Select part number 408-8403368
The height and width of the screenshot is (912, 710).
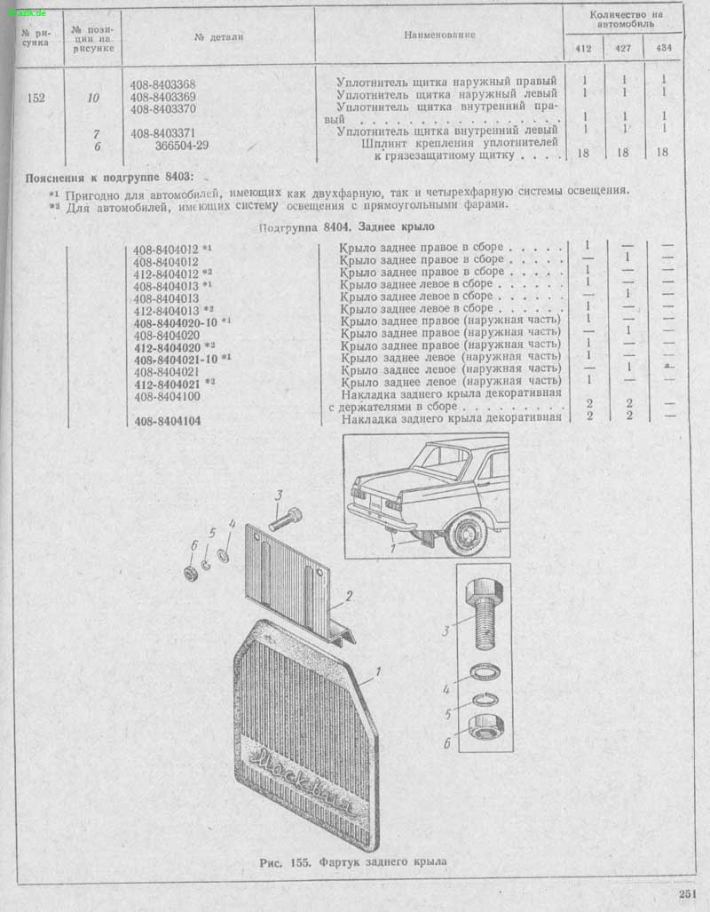[162, 85]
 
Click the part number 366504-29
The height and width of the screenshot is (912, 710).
[181, 146]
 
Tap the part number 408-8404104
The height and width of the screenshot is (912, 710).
[168, 421]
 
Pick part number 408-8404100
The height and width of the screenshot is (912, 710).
[167, 397]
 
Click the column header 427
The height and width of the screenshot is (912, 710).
[623, 48]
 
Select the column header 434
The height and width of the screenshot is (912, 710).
[664, 48]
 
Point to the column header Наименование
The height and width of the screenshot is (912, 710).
[439, 35]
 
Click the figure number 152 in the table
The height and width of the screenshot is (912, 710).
[36, 98]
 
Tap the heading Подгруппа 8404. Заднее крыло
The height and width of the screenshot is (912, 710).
[346, 226]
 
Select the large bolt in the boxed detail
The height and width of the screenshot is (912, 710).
[482, 613]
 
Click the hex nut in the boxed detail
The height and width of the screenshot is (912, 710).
[486, 727]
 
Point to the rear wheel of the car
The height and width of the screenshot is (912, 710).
[468, 534]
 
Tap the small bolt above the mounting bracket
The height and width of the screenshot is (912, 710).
[286, 519]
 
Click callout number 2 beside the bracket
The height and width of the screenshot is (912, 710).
[349, 596]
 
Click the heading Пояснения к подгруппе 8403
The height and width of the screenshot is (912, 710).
[109, 178]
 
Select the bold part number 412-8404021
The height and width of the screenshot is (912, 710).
[167, 385]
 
